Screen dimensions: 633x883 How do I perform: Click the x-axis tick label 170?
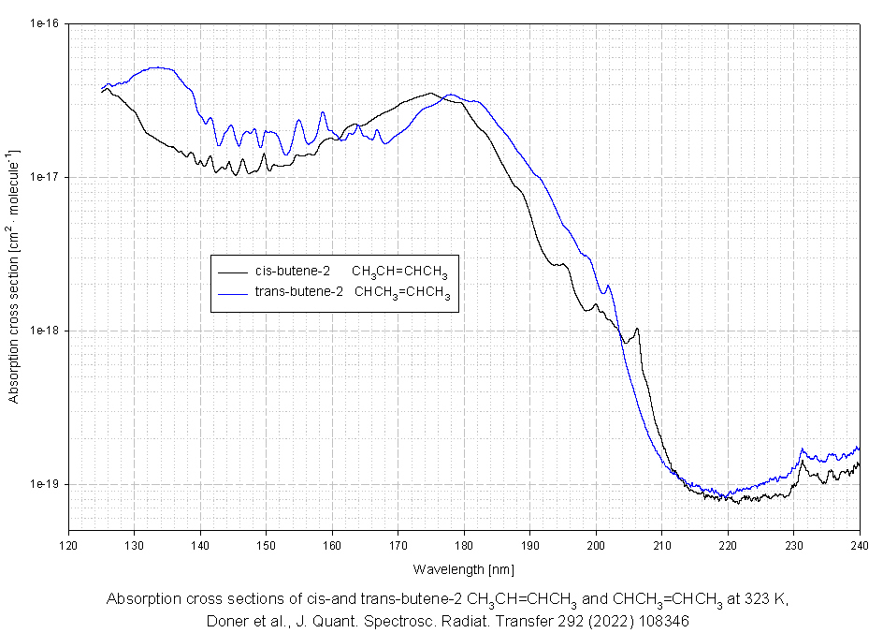coord(398,544)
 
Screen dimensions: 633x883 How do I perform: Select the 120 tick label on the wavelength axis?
coord(68,544)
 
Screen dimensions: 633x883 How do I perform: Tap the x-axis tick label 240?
coord(860,544)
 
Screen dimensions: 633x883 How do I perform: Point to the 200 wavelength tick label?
coord(596,544)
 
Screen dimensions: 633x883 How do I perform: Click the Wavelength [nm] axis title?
coord(464,568)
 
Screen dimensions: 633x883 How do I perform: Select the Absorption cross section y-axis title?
coord(13,275)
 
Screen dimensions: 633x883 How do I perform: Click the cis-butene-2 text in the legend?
coord(292,272)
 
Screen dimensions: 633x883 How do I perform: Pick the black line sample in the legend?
coord(232,272)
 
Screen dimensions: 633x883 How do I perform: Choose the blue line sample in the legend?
coord(232,292)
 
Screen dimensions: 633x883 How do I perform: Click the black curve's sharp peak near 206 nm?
coord(637,329)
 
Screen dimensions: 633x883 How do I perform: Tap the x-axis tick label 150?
coord(266,544)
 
